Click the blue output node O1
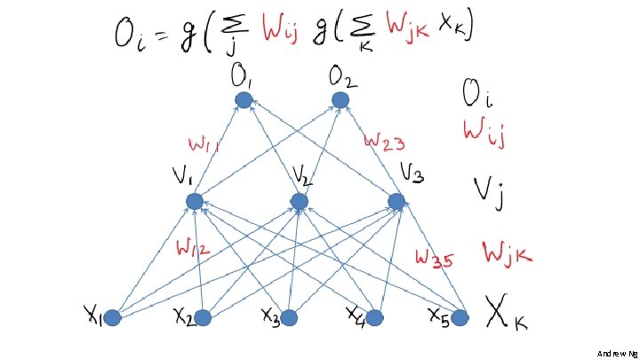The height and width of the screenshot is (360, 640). tap(244, 100)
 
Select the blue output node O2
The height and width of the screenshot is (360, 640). tap(340, 100)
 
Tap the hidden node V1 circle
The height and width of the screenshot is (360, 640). tap(195, 202)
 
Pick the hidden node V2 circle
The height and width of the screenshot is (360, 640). tap(300, 202)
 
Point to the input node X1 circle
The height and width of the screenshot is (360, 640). tap(113, 317)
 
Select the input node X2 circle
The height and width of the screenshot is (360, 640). tap(203, 317)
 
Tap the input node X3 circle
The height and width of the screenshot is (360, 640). tap(289, 317)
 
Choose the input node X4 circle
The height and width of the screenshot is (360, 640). tap(374, 317)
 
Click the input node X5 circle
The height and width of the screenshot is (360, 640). tap(460, 317)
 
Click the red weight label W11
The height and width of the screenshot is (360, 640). tap(204, 143)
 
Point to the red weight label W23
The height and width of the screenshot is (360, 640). tap(386, 140)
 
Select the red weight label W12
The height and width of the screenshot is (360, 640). tap(193, 250)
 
